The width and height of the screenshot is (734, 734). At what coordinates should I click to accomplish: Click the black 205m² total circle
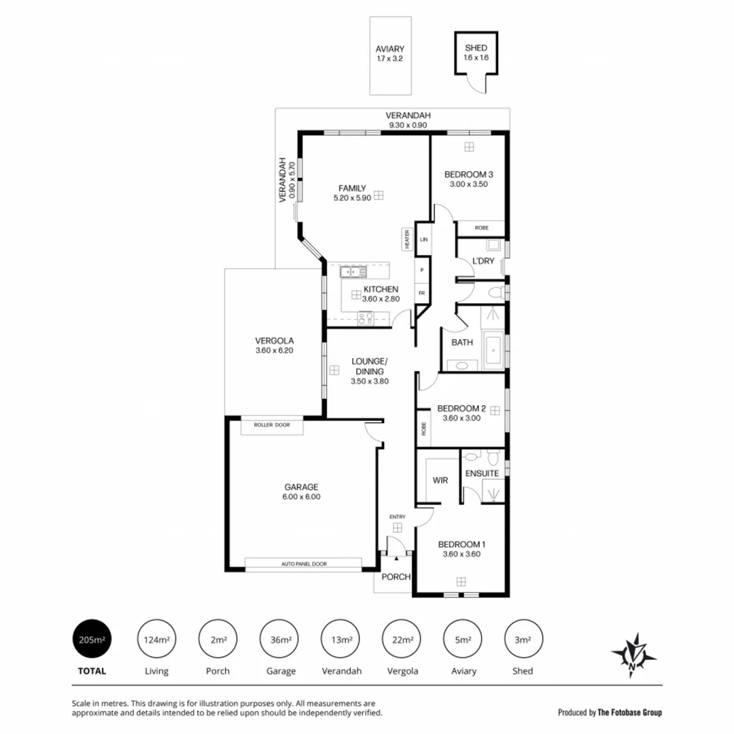point(92,639)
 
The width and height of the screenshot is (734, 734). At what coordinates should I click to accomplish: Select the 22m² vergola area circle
point(402,639)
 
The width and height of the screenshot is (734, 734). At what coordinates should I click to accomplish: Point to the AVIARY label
point(390,49)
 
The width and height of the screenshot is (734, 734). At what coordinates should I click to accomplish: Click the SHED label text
point(476,48)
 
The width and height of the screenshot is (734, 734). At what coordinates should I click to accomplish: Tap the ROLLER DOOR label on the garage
point(272,425)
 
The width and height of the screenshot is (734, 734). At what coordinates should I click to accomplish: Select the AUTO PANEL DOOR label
point(303,564)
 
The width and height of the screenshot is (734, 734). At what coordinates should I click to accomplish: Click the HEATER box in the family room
point(407,239)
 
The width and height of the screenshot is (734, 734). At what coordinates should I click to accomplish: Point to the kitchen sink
point(353,272)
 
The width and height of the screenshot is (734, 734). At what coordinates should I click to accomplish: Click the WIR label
point(440,480)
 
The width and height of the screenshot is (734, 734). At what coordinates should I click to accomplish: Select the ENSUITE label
point(482,473)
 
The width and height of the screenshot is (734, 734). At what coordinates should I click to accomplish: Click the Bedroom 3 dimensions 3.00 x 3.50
point(468,185)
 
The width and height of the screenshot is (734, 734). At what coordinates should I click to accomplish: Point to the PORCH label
point(396,577)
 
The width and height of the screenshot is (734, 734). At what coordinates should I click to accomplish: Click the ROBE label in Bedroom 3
point(481,228)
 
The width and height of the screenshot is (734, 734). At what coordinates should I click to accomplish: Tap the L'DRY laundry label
point(483,261)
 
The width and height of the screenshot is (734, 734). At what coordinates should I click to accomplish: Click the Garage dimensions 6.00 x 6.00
point(301,497)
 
